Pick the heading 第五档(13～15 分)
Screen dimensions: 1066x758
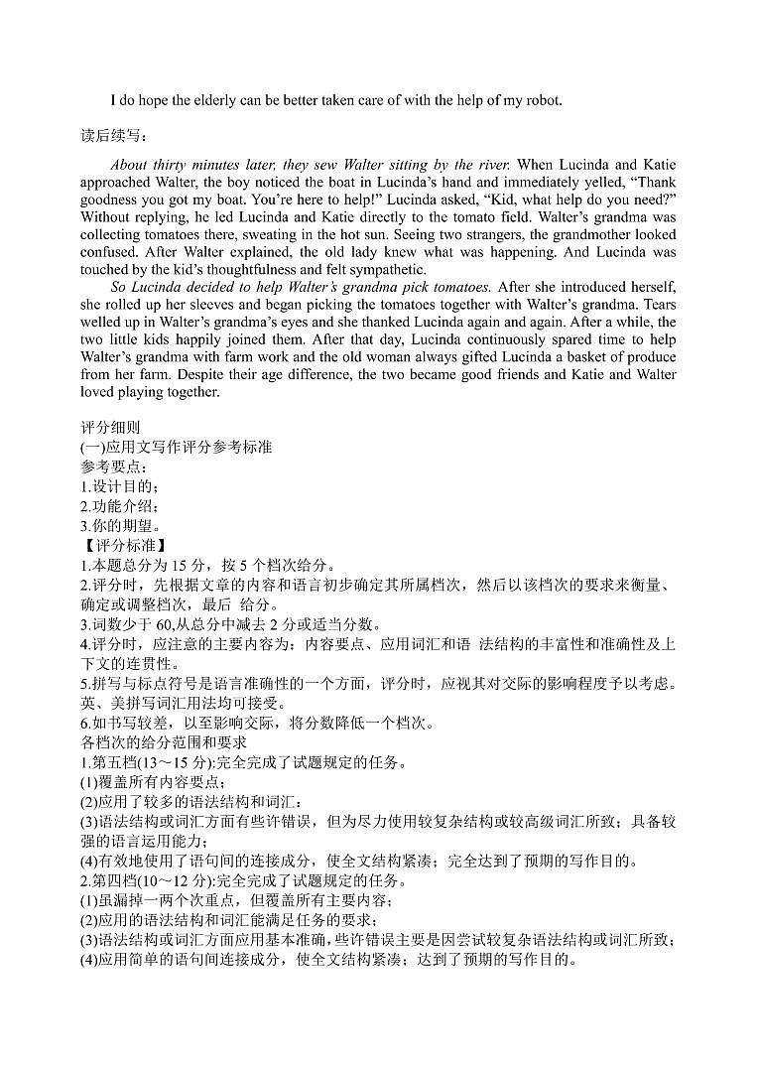153,761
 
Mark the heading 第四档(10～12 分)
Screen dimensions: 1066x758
153,880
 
